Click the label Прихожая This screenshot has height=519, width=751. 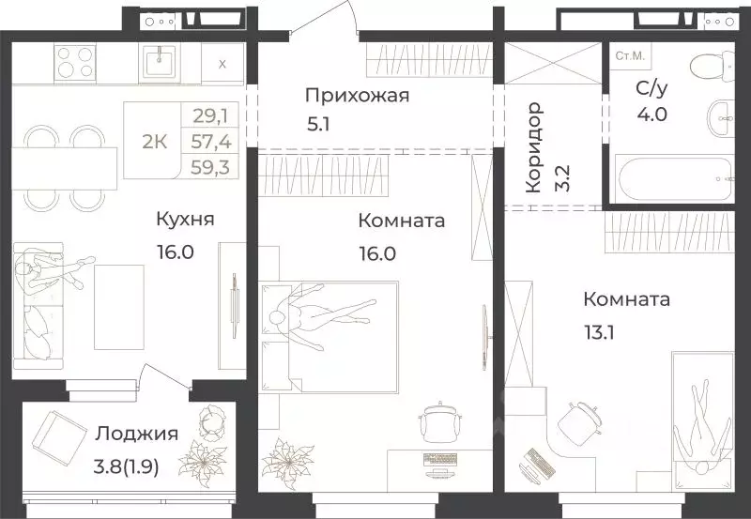[357, 95]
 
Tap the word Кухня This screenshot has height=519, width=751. [185, 220]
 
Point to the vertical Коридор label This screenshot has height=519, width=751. [534, 148]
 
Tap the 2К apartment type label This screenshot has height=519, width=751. [155, 142]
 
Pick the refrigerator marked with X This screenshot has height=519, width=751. [222, 64]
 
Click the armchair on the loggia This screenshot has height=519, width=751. [61, 435]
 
